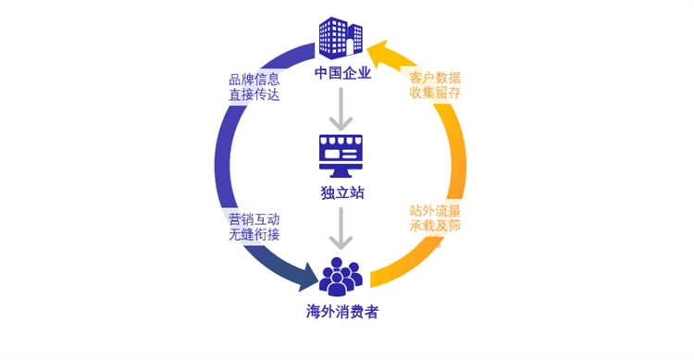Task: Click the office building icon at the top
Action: (x=341, y=38)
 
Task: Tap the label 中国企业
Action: (x=342, y=73)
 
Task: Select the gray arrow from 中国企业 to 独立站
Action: (x=342, y=109)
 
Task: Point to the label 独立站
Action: (x=342, y=193)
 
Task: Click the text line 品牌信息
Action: (x=254, y=79)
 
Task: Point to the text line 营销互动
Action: (x=254, y=219)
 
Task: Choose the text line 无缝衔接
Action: (x=254, y=235)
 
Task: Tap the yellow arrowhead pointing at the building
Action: (x=378, y=50)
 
